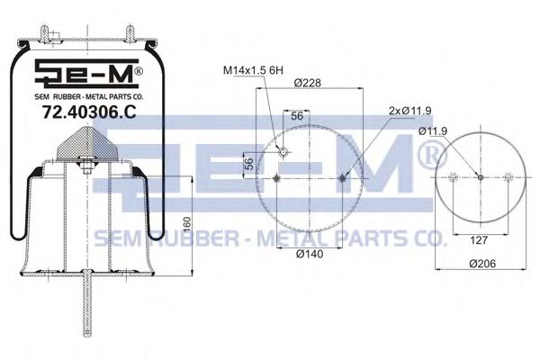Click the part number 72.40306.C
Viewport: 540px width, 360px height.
click(x=89, y=112)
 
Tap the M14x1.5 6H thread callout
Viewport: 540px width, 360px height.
click(x=253, y=70)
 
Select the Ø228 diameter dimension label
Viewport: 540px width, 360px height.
click(x=308, y=83)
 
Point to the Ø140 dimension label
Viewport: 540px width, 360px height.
click(x=310, y=254)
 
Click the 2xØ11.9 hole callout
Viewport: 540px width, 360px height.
click(x=409, y=111)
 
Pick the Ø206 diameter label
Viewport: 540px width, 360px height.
click(x=482, y=264)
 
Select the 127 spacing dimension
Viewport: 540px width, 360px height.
click(x=479, y=239)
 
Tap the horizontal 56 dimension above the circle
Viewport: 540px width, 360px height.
click(x=297, y=116)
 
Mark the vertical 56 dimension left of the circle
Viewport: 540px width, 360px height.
click(x=248, y=164)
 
